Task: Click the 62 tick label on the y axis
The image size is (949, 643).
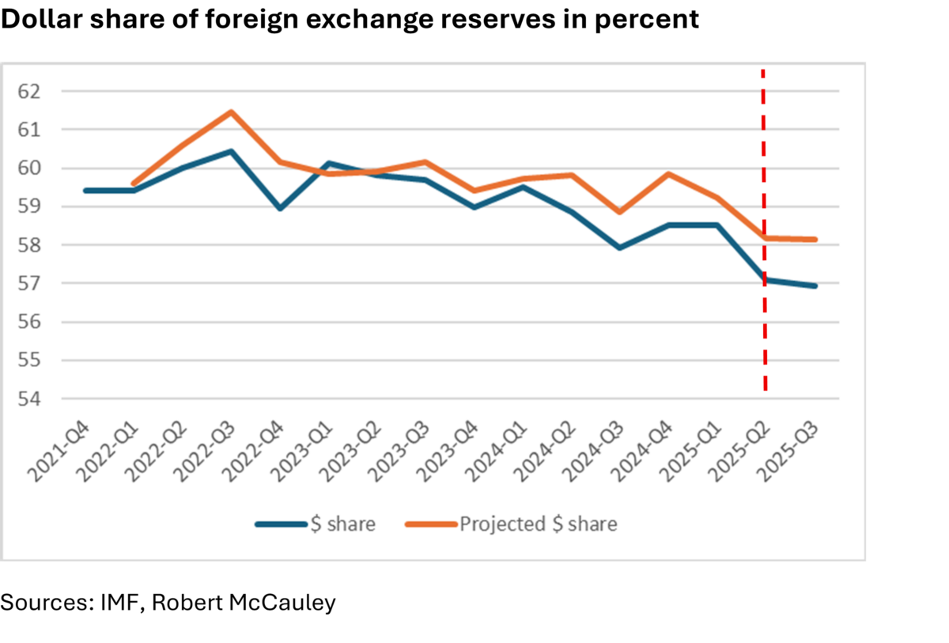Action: point(28,91)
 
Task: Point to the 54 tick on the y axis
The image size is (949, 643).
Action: point(28,399)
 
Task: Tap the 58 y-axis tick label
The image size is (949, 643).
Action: point(28,245)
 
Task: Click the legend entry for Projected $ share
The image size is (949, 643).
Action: point(538,524)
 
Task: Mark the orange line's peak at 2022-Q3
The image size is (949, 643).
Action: point(231,112)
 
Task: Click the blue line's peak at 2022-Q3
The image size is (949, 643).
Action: point(231,151)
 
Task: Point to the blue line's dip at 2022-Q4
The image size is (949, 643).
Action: point(280,208)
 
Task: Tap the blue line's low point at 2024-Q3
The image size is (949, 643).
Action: point(619,248)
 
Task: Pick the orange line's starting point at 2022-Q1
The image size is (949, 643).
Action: point(134,183)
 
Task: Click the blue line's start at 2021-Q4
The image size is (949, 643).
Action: point(85,191)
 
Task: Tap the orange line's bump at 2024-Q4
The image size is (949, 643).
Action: point(668,174)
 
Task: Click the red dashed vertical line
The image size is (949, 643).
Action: point(764,332)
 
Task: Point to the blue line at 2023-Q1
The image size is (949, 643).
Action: point(328,164)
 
